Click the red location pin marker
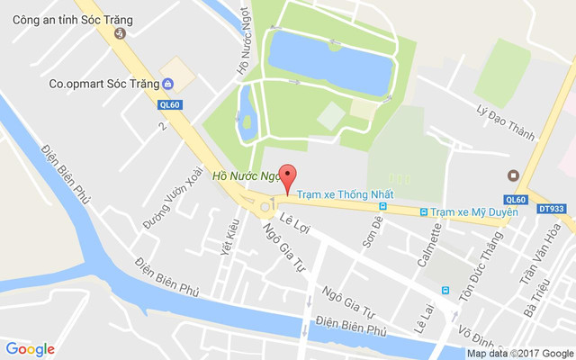[x=288, y=177]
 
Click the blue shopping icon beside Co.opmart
[x=168, y=84]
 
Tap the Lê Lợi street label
[x=294, y=223]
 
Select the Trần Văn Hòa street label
[x=540, y=256]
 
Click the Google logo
[x=30, y=349]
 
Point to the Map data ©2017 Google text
[x=519, y=354]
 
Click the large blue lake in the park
[x=329, y=61]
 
